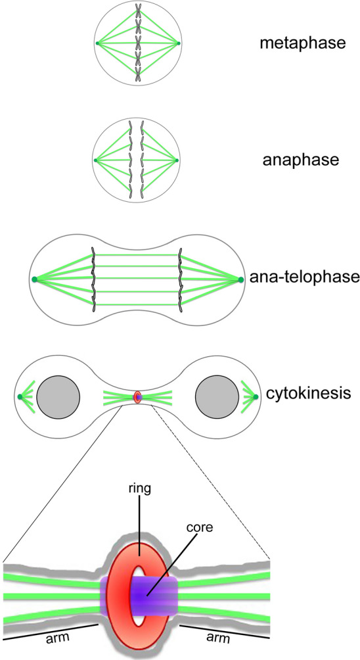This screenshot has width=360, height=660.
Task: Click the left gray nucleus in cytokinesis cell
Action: pos(58,398)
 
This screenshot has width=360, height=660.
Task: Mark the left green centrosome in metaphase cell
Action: pos(97,43)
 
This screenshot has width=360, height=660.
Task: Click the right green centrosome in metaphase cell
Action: pos(179,43)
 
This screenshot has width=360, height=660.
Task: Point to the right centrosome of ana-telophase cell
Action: pos(241,280)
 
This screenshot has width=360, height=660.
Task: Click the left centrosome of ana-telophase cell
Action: pos(34,280)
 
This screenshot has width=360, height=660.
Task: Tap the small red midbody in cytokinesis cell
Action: pos(137,398)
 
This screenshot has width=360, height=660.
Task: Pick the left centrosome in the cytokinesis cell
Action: pos(21,397)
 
